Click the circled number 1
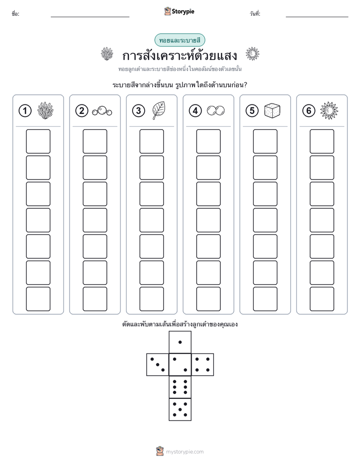coord(25,111)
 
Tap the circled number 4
coord(195,111)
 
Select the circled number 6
coord(309,111)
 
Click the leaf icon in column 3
coord(159,110)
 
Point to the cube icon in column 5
coord(272,110)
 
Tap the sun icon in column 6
coord(329,110)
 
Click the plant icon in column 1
coord(45,110)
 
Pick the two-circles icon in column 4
coord(216,110)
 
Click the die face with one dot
coord(180,342)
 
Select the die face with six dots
coord(180,387)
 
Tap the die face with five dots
coord(180,409)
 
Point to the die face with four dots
coord(203,365)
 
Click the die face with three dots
coord(158,365)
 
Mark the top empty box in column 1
coord(38,141)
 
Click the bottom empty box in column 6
coord(322,299)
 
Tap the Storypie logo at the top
coord(179,12)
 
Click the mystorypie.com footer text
coord(185,452)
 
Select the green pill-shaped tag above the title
coord(179,40)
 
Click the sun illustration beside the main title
coord(253,54)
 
